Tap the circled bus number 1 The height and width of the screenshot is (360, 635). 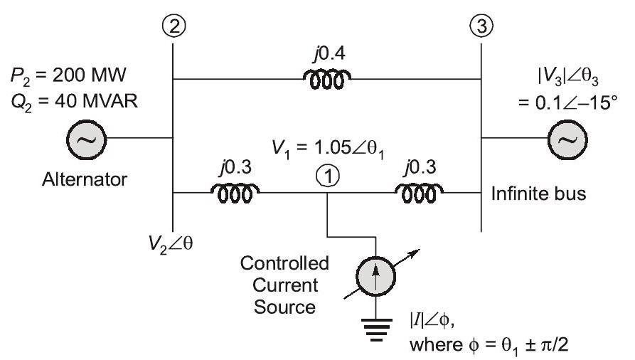coord(326,179)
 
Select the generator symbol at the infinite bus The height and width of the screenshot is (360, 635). coord(566,139)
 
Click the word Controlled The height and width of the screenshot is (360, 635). coord(284,264)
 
